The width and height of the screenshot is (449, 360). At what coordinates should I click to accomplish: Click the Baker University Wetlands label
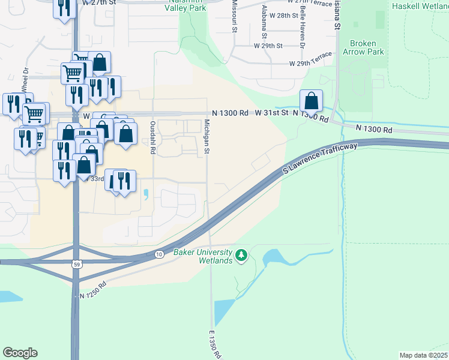(203, 256)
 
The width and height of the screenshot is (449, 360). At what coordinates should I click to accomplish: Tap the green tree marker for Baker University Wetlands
(241, 256)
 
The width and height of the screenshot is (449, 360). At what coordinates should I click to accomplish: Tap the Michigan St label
(206, 135)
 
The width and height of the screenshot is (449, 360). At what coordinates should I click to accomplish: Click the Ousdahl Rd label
(152, 138)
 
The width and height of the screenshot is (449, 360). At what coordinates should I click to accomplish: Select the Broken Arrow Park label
(363, 47)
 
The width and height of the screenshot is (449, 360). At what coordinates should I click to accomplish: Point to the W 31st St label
(268, 112)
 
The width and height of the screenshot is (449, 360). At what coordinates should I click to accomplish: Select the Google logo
(20, 353)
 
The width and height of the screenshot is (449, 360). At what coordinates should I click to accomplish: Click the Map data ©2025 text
(423, 355)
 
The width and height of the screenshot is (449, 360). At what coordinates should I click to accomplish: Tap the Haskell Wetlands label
(420, 6)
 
